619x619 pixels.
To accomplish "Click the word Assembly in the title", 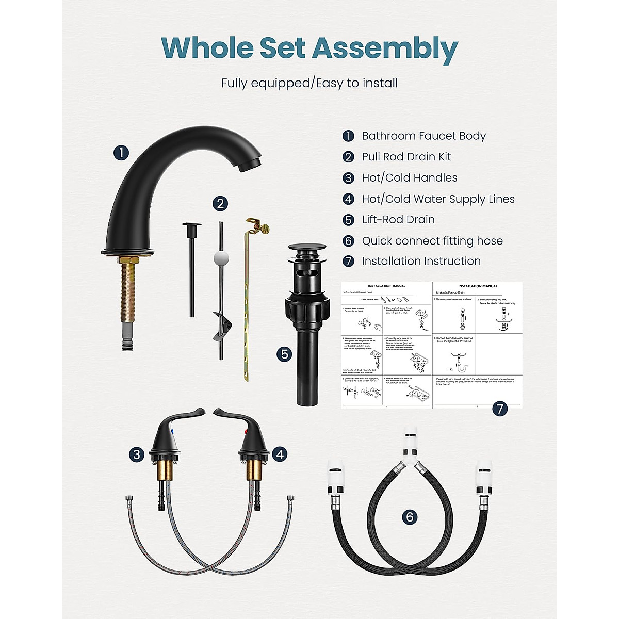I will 385,49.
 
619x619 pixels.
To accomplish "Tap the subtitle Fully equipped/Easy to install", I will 309,83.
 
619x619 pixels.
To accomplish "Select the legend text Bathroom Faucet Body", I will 423,136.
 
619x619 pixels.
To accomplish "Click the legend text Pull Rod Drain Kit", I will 406,157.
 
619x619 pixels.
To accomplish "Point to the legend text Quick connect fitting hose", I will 432,241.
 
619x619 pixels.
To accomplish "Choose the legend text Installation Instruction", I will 421,262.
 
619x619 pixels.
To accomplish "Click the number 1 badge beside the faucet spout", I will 121,153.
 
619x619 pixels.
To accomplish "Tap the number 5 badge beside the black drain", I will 284,354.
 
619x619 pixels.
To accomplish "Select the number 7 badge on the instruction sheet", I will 499,409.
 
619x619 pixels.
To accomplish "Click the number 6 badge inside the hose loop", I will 410,516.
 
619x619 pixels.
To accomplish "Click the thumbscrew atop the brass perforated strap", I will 264,226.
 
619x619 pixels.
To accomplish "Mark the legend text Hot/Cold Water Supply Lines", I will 438,199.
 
